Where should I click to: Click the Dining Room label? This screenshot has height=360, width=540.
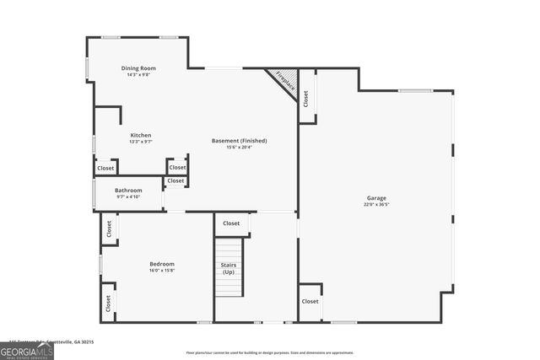[138, 68]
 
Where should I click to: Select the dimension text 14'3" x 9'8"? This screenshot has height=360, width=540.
[138, 75]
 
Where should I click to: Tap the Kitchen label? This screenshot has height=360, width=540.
[141, 135]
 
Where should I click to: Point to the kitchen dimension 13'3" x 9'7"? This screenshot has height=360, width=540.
[141, 142]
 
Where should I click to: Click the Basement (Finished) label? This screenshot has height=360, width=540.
[240, 140]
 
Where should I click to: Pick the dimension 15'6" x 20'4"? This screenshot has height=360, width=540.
[240, 147]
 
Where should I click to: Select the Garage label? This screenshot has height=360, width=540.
[376, 197]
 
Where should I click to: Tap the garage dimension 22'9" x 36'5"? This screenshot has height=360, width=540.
[376, 204]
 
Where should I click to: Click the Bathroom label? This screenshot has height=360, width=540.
[128, 191]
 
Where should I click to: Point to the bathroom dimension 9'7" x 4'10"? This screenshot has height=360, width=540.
[128, 197]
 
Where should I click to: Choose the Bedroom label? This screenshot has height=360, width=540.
[162, 263]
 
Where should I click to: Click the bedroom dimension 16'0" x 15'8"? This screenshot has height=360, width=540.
[162, 270]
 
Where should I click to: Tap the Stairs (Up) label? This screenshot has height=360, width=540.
[229, 268]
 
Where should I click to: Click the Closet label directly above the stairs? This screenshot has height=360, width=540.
[231, 223]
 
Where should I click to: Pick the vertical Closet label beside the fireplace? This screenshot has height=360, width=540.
[306, 97]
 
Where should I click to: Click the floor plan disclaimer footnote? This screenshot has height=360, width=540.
[270, 352]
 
